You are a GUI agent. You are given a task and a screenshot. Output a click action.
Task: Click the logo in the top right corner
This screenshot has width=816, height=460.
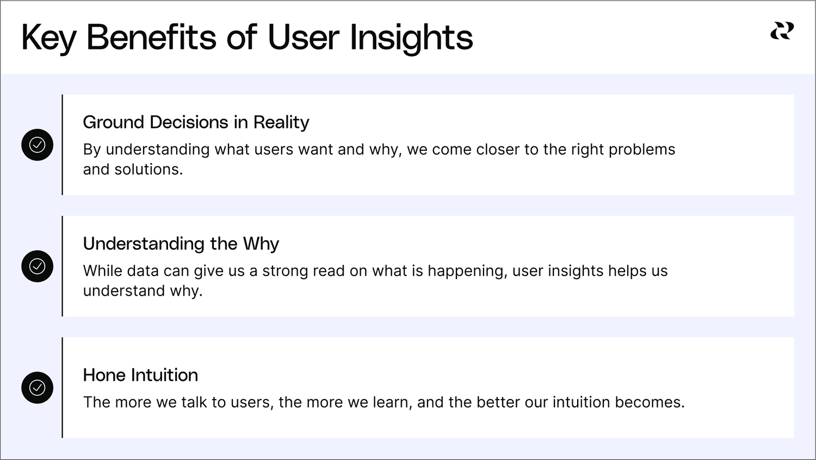pyautogui.click(x=782, y=30)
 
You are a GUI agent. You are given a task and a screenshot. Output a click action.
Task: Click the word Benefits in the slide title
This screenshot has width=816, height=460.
pyautogui.click(x=151, y=37)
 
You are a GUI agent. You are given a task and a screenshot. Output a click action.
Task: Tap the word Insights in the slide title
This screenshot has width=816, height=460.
pyautogui.click(x=411, y=39)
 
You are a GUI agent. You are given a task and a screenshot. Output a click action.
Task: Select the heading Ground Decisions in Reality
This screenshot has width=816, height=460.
pyautogui.click(x=196, y=122)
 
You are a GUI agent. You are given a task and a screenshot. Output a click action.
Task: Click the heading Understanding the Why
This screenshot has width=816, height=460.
pyautogui.click(x=181, y=243)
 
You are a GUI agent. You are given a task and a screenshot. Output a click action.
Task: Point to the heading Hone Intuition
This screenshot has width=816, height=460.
pyautogui.click(x=140, y=375)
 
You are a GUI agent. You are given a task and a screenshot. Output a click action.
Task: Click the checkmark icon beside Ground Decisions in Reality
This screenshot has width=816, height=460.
pyautogui.click(x=37, y=145)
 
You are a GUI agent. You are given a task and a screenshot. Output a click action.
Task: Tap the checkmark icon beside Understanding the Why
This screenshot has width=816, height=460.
pyautogui.click(x=37, y=266)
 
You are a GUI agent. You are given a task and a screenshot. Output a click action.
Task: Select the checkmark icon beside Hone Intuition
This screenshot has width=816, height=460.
pyautogui.click(x=37, y=388)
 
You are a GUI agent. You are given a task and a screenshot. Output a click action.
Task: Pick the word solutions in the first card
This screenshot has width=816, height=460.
pyautogui.click(x=149, y=169)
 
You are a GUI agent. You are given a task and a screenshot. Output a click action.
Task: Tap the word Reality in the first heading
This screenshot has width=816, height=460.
pyautogui.click(x=281, y=122)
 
